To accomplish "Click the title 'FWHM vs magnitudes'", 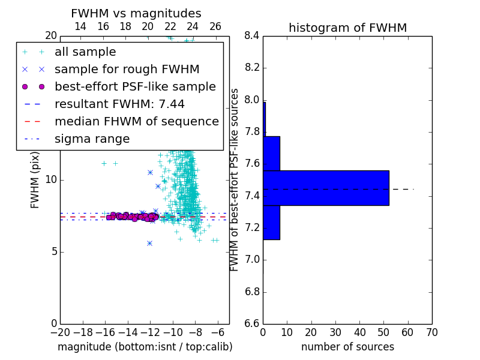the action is [136, 13].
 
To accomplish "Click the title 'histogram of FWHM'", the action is [348, 28].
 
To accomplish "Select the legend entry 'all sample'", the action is [85, 52].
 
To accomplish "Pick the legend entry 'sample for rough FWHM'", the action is [127, 70].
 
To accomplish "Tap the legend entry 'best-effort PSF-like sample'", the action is [136, 87].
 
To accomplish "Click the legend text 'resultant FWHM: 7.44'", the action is [119, 104].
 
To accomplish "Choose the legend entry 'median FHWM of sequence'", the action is [137, 122].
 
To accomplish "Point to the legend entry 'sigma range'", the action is [92, 139].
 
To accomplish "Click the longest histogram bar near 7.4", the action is [326, 188].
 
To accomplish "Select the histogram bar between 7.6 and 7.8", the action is [272, 154].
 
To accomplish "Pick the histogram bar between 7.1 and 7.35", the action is [272, 222].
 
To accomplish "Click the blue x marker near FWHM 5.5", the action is [149, 244].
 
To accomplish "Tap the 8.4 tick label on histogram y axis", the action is [252, 36].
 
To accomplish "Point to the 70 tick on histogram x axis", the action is [432, 332].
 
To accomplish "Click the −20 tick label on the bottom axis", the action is [61, 332].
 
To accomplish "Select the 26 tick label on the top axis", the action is [215, 26].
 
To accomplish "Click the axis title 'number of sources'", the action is [348, 347].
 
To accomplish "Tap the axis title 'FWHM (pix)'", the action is [35, 181].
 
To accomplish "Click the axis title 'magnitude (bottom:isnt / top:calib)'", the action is [145, 347].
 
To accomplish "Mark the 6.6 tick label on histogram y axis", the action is [252, 324].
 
